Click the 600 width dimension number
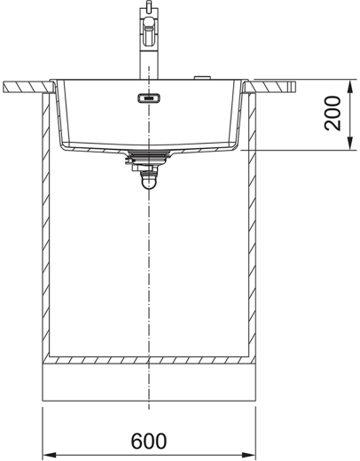click(x=149, y=441)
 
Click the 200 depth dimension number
click(x=333, y=113)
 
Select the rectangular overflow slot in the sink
click(x=149, y=98)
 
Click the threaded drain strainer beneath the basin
click(x=149, y=157)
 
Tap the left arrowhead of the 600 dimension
click(x=50, y=455)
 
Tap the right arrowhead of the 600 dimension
click(x=248, y=455)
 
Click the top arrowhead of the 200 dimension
click(x=350, y=87)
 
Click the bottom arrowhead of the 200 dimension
click(x=350, y=144)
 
